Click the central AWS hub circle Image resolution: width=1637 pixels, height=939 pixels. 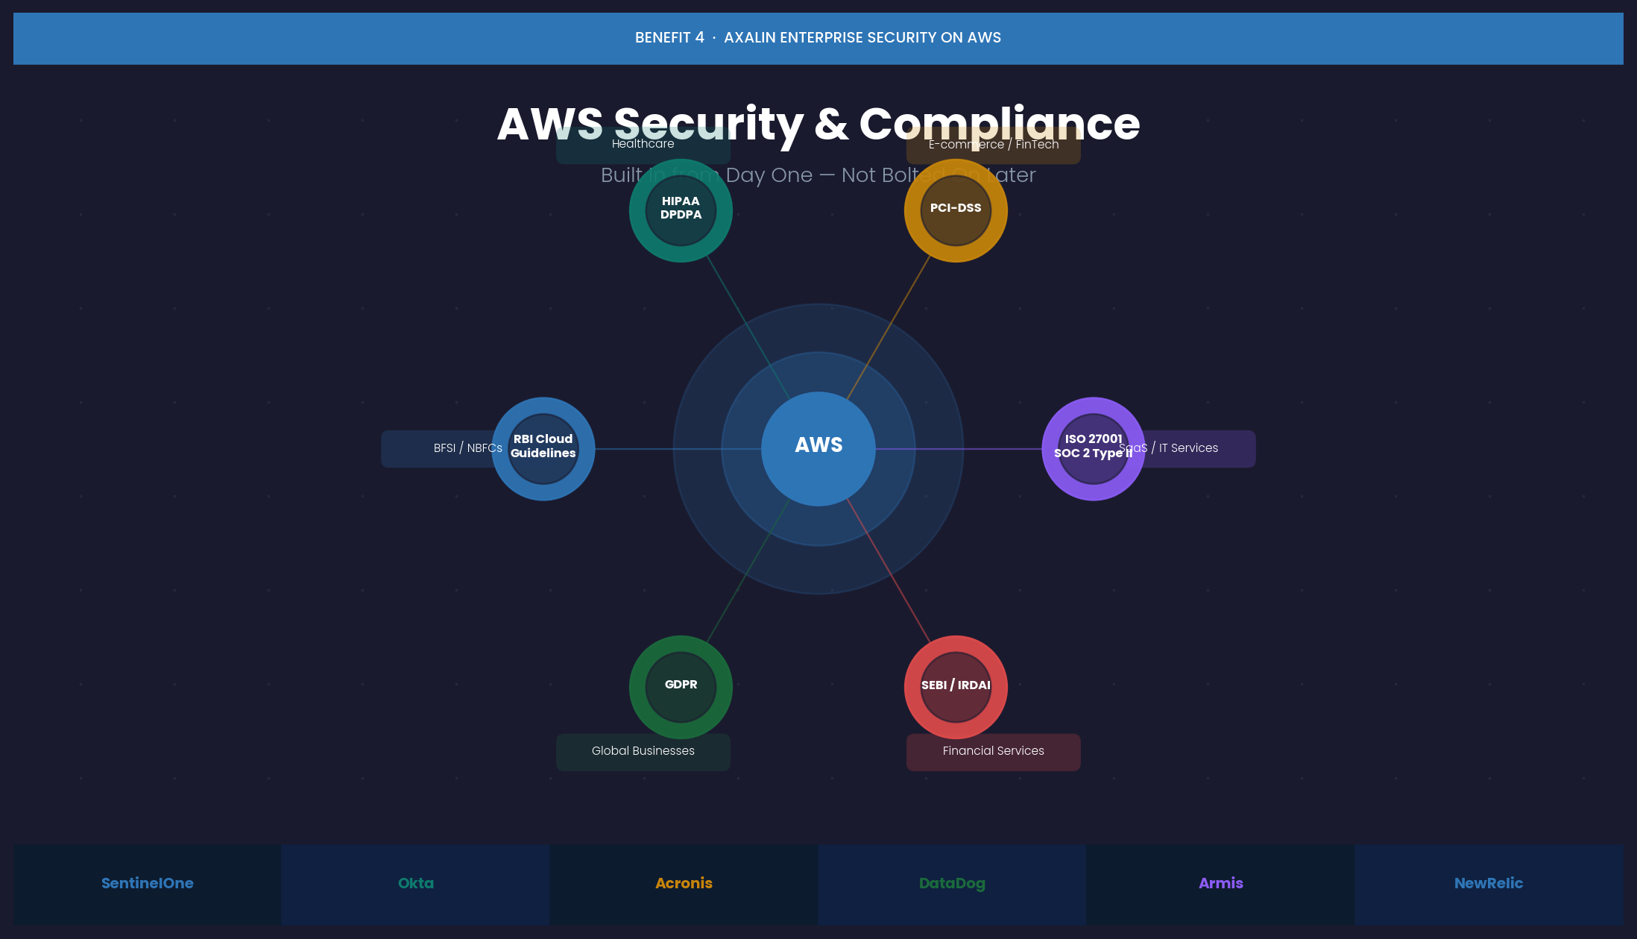click(x=818, y=448)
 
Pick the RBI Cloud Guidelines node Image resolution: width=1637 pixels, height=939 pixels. click(x=543, y=447)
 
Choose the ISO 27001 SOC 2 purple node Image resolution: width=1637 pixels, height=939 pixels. click(x=1093, y=447)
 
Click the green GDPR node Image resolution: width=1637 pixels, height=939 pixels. click(x=681, y=686)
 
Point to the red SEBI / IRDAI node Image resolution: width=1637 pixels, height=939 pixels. click(x=956, y=686)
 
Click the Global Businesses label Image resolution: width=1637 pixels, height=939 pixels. click(x=643, y=751)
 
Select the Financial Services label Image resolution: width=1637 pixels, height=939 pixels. click(x=993, y=751)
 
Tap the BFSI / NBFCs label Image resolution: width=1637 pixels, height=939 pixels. click(x=467, y=448)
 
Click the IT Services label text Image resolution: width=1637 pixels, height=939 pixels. click(x=1188, y=448)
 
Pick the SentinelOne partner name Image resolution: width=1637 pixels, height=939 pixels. click(x=147, y=883)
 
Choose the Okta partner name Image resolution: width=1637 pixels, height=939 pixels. click(x=415, y=883)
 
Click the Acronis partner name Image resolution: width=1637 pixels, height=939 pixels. click(x=684, y=883)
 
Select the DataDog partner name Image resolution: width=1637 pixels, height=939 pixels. click(x=952, y=883)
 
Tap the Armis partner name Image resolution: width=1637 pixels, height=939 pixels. click(x=1220, y=883)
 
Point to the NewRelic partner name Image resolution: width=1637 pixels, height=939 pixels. click(x=1488, y=883)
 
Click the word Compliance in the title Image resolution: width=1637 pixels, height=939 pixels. click(x=999, y=124)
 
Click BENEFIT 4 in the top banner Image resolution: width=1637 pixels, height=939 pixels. click(x=669, y=38)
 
